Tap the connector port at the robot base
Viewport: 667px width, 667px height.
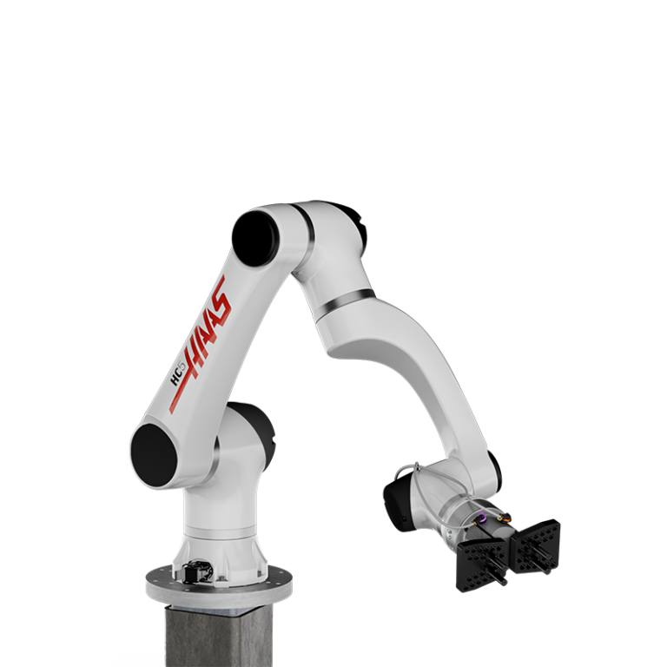tap(193, 572)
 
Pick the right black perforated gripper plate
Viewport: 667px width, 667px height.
tap(536, 547)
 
